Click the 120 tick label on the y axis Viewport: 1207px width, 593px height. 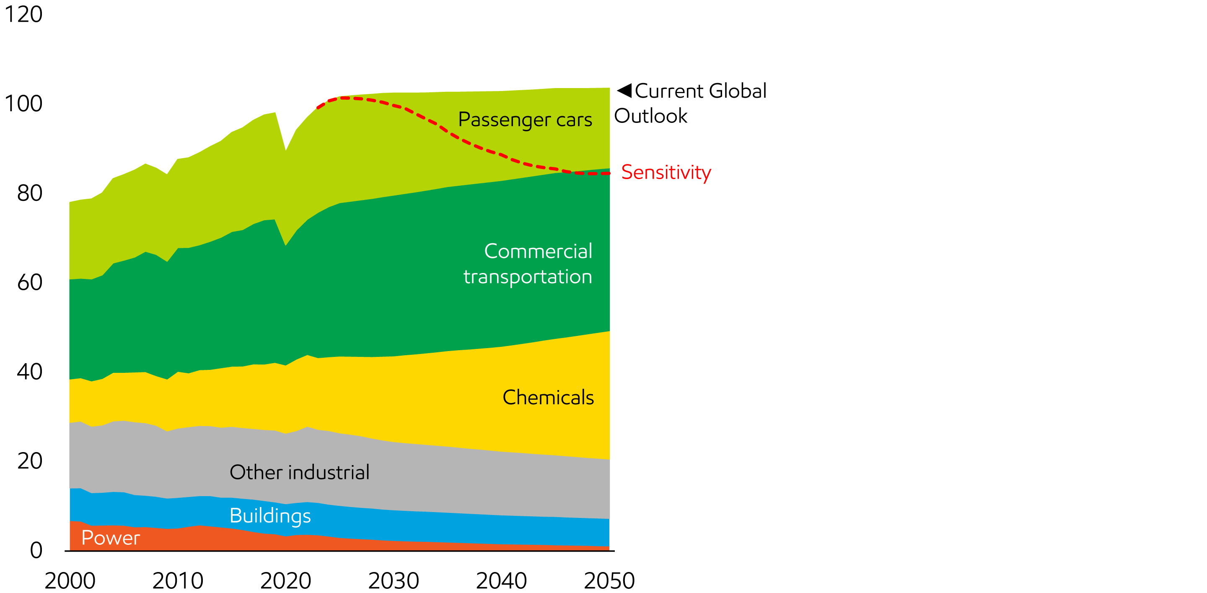pos(23,15)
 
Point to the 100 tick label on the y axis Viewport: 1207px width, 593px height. pos(23,104)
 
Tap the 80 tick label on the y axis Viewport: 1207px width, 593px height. pos(29,193)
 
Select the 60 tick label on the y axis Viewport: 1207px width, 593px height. pos(29,283)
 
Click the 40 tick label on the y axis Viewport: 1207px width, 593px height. pos(29,372)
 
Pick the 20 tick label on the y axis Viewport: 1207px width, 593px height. pos(29,461)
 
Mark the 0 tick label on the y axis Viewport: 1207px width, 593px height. pos(36,550)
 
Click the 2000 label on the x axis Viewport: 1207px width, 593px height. pos(70,581)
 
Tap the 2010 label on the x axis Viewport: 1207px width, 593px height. pos(178,581)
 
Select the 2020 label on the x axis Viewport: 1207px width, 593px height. pos(285,581)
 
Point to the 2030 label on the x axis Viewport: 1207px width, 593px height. pos(394,581)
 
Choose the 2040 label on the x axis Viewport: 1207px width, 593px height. pos(501,581)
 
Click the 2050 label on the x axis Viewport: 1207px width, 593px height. pos(609,581)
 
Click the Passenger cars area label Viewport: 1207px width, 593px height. pos(525,120)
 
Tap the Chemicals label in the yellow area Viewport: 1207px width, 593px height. pos(548,398)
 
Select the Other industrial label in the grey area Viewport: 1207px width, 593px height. pos(299,472)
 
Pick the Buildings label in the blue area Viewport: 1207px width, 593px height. pos(270,516)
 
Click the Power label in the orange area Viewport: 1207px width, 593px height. pos(111,538)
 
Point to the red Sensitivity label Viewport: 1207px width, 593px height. pos(666,172)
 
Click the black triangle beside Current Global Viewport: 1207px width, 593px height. pos(625,90)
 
